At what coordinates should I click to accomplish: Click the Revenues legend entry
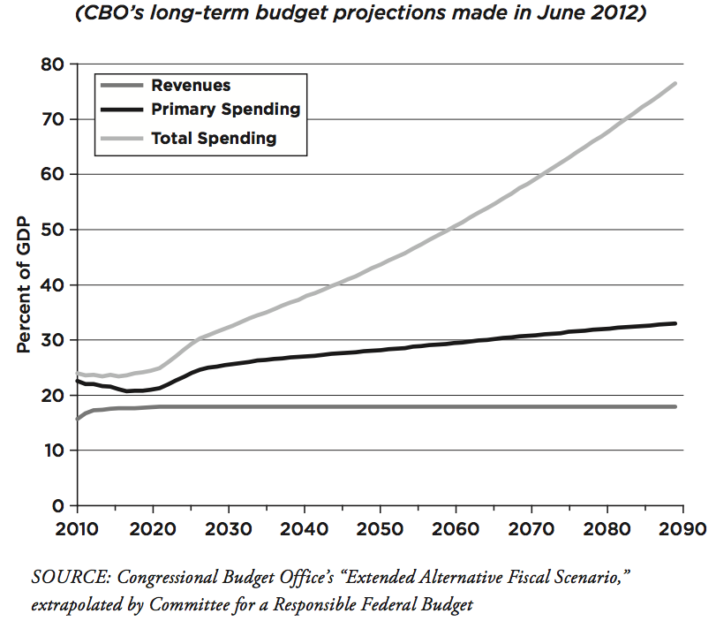[191, 86]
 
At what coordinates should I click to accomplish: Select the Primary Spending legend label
[225, 110]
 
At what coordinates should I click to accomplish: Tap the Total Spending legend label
[214, 138]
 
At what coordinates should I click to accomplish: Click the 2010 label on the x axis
[78, 530]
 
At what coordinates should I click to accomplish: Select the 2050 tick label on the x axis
[380, 530]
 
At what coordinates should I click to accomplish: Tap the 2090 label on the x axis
[682, 530]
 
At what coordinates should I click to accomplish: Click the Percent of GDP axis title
[25, 284]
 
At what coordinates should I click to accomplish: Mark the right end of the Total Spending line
[676, 83]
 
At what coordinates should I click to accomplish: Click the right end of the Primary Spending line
[676, 323]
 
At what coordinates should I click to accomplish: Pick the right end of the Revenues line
[676, 406]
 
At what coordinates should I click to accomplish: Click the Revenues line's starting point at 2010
[78, 419]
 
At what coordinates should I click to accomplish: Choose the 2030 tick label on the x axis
[229, 530]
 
